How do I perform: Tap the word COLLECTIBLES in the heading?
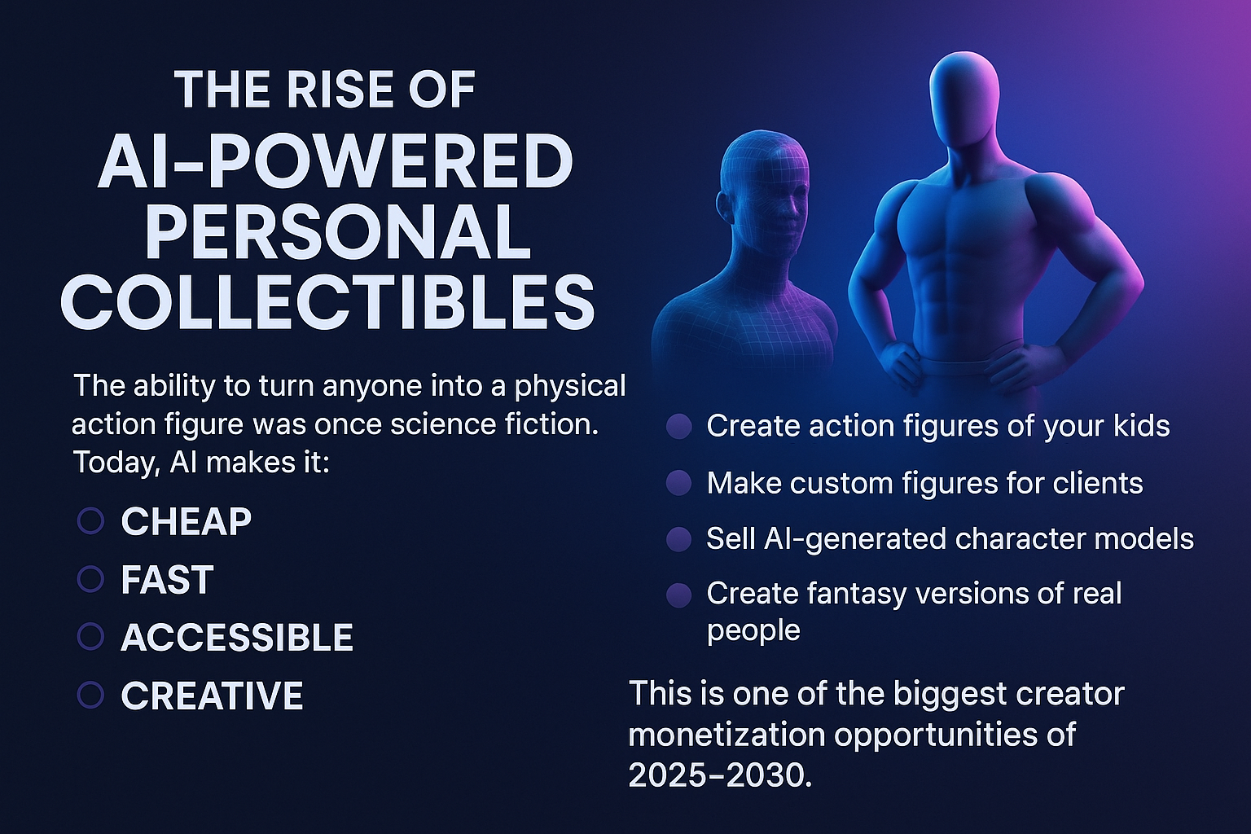click(328, 301)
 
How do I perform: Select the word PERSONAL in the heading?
click(338, 230)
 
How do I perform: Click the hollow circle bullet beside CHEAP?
click(90, 521)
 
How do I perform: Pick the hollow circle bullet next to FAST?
click(90, 579)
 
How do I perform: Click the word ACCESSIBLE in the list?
click(237, 638)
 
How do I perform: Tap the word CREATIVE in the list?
click(213, 696)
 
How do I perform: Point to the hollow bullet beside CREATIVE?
click(90, 696)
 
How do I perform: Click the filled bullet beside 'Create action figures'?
click(679, 427)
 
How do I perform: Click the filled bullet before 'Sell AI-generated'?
click(679, 539)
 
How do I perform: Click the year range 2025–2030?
click(721, 775)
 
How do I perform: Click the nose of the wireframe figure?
click(791, 209)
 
